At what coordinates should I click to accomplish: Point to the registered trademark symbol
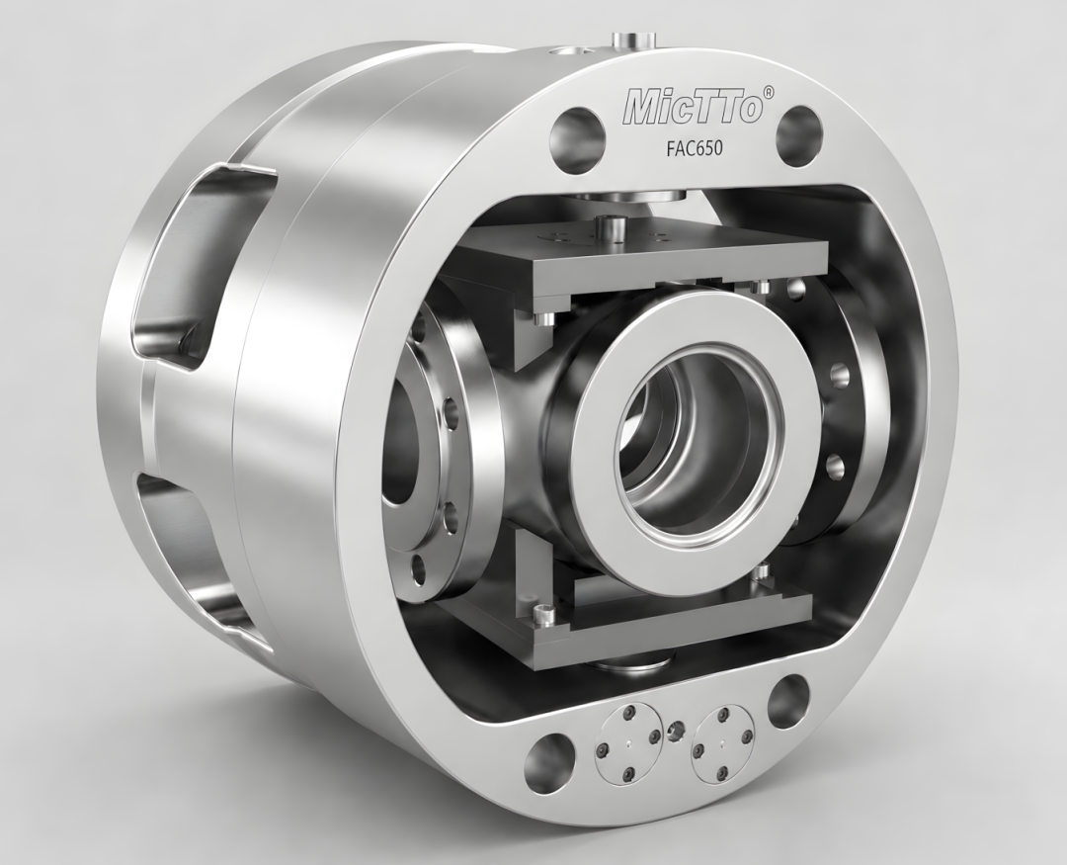769,92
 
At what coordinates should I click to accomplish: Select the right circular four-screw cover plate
722,743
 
